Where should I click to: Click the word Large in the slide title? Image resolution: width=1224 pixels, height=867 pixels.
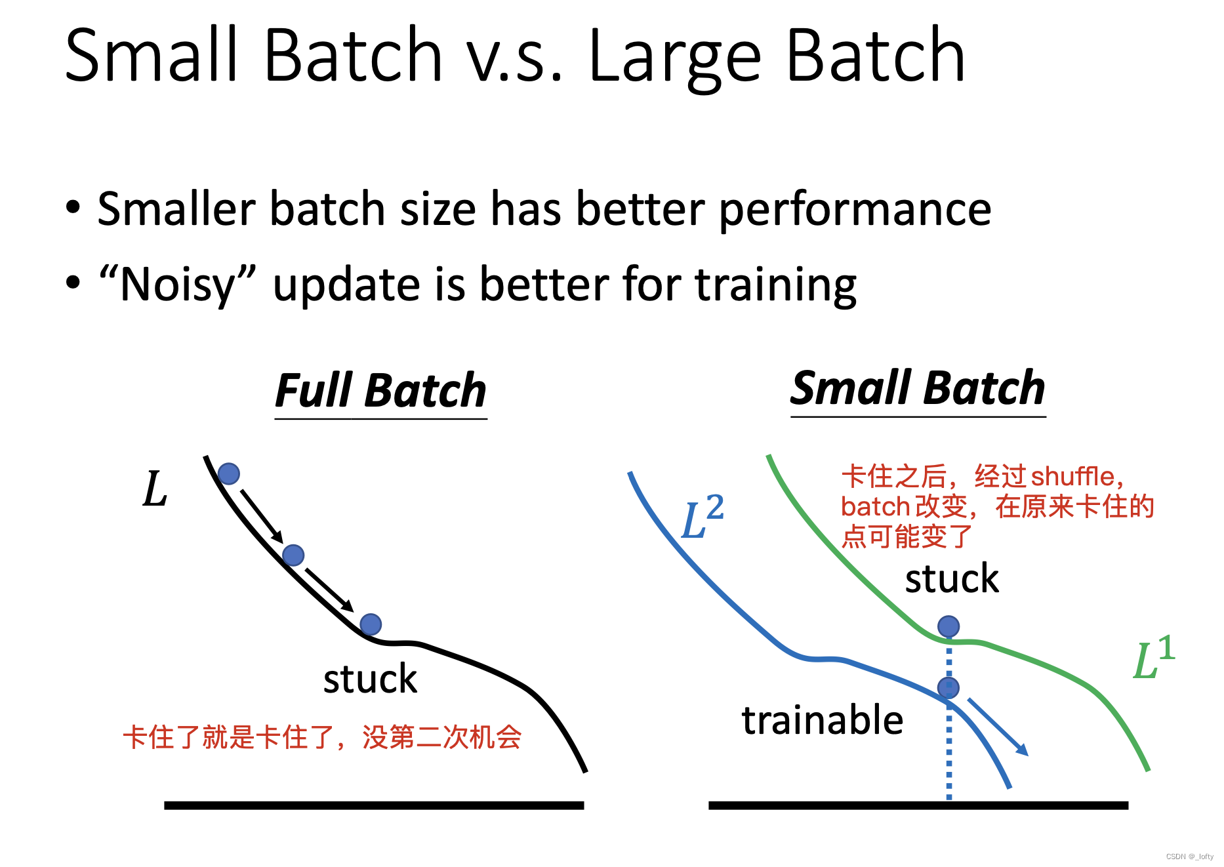pos(676,60)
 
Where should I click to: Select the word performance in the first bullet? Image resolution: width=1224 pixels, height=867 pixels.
pos(855,211)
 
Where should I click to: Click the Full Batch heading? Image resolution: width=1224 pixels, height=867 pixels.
pos(380,391)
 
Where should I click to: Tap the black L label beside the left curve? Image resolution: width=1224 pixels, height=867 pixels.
pos(155,489)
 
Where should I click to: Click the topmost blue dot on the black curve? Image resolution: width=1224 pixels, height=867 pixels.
pos(229,474)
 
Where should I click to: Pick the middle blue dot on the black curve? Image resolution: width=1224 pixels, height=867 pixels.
pos(293,555)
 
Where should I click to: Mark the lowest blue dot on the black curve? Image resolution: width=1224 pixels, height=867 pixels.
pos(371,624)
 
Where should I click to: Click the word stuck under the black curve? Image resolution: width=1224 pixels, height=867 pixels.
pos(370,679)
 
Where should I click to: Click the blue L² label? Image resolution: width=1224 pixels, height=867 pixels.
pos(703,516)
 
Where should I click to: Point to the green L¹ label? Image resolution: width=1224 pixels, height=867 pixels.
pos(1154,657)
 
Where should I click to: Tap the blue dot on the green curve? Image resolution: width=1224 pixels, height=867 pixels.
pos(949,626)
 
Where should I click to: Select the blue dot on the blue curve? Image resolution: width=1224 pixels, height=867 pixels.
pos(949,688)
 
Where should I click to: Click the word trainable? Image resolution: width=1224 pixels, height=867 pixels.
pos(823,720)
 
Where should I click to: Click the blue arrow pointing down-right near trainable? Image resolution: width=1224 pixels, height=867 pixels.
pos(998,727)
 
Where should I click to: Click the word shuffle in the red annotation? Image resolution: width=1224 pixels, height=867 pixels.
pos(1072,477)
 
